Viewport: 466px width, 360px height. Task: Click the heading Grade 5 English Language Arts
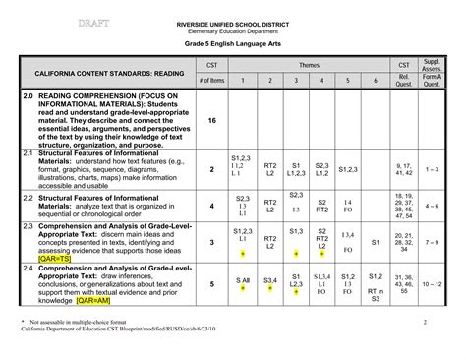[233, 47]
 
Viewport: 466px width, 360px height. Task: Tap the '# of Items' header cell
[211, 81]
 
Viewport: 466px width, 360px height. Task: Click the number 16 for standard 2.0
[212, 120]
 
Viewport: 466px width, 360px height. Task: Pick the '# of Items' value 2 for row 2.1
[212, 169]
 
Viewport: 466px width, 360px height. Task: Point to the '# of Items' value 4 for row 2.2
[212, 206]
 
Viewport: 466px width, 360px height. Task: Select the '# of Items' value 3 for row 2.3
[212, 242]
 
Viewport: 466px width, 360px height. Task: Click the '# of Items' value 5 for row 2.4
[212, 283]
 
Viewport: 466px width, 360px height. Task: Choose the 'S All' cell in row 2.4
[242, 281]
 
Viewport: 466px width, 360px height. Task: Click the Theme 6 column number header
[375, 81]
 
